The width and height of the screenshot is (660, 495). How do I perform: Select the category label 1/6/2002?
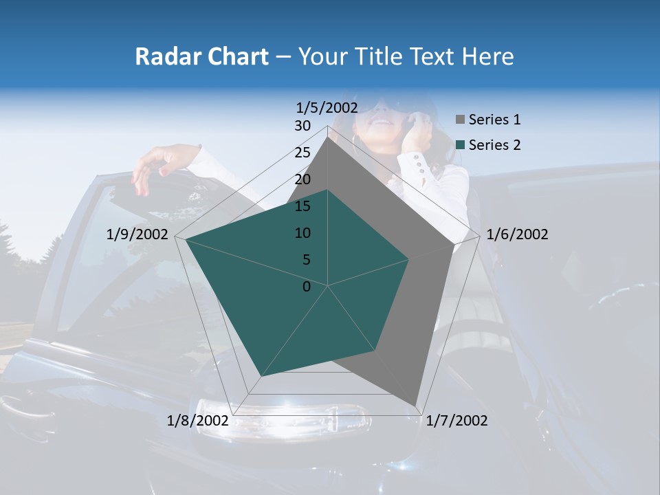point(517,234)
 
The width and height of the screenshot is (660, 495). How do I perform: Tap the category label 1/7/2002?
point(456,421)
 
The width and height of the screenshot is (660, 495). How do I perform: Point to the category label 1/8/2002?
point(198,421)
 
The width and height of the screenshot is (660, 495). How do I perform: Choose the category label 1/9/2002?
point(137,234)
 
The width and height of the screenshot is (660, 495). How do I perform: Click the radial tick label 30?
point(302,126)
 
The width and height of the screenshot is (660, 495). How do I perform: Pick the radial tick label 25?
point(302,153)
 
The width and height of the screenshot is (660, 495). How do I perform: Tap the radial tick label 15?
point(302,206)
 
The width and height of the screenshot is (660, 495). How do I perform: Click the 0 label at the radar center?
point(307,287)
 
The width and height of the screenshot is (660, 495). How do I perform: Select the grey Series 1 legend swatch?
point(460,120)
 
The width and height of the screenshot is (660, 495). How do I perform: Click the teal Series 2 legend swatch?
point(460,145)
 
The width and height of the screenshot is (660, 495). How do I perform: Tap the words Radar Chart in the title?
point(201,56)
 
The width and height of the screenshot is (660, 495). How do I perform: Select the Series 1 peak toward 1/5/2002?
point(328,137)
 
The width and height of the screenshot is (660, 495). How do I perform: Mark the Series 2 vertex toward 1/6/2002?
point(409,259)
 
